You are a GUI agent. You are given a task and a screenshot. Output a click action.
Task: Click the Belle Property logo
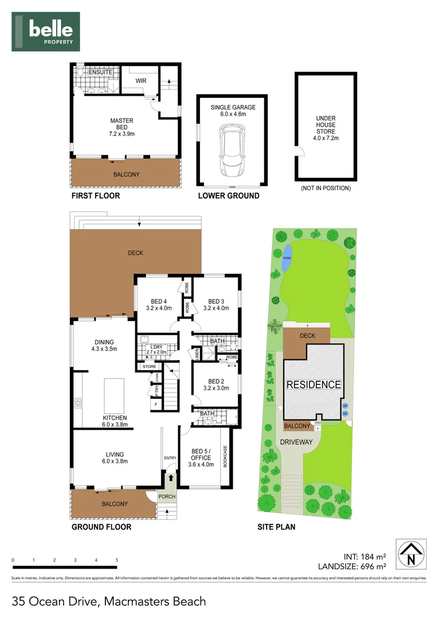(46, 32)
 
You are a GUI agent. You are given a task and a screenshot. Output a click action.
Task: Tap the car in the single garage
(232, 152)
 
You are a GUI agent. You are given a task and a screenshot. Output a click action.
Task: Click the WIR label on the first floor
(140, 81)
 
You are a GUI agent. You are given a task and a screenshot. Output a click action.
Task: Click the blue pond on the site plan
(286, 253)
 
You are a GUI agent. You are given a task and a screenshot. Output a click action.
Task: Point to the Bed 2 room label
(216, 385)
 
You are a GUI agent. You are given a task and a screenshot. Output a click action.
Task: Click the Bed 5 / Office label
(201, 458)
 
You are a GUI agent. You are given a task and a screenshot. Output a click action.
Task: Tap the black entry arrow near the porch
(170, 477)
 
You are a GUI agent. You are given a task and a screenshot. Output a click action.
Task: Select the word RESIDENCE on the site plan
(314, 385)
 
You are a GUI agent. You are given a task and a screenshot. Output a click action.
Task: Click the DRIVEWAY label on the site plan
(296, 442)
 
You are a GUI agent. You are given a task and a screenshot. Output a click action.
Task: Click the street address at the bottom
(109, 602)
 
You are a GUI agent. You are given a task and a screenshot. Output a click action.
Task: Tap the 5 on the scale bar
(117, 560)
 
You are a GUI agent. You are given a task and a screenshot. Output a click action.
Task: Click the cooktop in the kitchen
(77, 403)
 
